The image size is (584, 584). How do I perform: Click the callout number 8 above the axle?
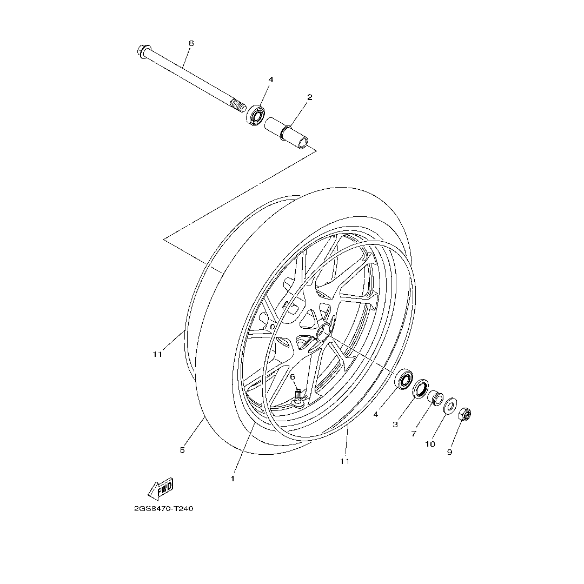coord(191,43)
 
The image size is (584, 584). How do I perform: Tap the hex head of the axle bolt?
coord(143,52)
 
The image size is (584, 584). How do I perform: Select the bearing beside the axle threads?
coord(255,115)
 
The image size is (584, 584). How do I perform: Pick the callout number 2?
coord(310,97)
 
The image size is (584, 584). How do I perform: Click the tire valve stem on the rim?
coord(298,397)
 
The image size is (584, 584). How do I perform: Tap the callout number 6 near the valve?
coord(293,377)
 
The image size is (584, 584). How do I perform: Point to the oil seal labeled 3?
coord(421,388)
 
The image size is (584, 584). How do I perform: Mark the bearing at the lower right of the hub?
coord(404,379)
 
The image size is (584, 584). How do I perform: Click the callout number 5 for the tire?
coord(182,450)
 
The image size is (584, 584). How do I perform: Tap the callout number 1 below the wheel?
coord(233,479)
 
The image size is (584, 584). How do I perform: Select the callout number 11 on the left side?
coord(157,355)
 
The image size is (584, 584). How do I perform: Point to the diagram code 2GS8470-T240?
coord(163,509)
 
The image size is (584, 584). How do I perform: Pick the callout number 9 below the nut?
coord(449,452)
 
